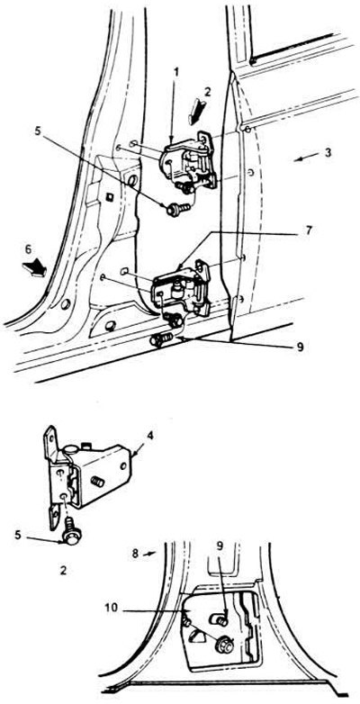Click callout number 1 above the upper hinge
pyautogui.click(x=176, y=72)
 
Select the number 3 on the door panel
pyautogui.click(x=328, y=153)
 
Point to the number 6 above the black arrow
pyautogui.click(x=28, y=248)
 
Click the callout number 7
pyautogui.click(x=310, y=231)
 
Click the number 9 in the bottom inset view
pyautogui.click(x=220, y=547)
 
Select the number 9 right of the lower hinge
pyautogui.click(x=300, y=347)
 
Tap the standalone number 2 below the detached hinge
pyautogui.click(x=63, y=571)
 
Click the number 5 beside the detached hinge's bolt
pyautogui.click(x=18, y=535)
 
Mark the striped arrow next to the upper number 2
pyautogui.click(x=197, y=113)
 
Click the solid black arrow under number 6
pyautogui.click(x=35, y=268)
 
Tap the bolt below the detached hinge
pyautogui.click(x=71, y=531)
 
